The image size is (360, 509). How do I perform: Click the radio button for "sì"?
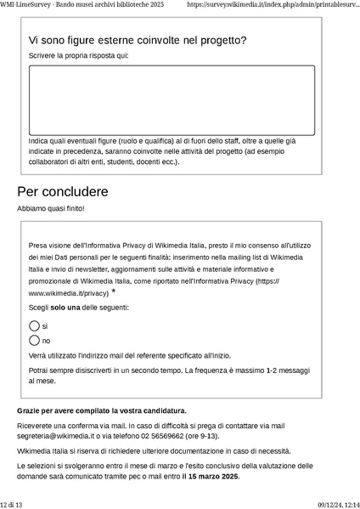point(34,326)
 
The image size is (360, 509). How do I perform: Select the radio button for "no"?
point(34,341)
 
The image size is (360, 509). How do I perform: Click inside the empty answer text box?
point(172,99)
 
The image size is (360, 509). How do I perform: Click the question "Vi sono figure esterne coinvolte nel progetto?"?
point(138,40)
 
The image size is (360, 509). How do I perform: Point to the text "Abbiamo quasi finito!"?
point(51,209)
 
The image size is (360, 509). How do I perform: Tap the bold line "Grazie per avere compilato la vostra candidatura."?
point(102,410)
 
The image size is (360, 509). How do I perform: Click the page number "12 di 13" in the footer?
point(12,504)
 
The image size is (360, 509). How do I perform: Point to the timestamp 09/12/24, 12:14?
point(339,504)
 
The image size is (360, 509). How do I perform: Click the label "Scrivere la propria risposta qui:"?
point(79,56)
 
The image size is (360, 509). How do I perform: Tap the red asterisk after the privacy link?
point(114,291)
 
